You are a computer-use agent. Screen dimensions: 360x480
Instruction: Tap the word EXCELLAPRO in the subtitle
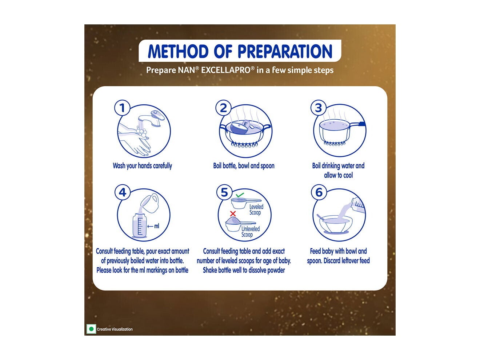(225, 70)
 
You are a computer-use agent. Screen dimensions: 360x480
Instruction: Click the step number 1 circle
(122, 108)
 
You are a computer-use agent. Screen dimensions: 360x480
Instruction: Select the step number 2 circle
(224, 108)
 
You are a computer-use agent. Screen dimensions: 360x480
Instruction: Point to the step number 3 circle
(319, 108)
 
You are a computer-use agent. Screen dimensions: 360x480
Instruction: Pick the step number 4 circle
(123, 192)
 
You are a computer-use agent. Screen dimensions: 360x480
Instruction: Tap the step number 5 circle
(224, 192)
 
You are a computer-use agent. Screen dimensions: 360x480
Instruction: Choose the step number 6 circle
(319, 192)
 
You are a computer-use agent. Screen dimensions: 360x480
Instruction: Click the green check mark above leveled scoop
(239, 195)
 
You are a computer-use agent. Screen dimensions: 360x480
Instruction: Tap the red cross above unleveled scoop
(233, 214)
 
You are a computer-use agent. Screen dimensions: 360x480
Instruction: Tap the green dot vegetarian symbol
(91, 329)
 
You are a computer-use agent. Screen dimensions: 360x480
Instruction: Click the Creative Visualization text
(115, 329)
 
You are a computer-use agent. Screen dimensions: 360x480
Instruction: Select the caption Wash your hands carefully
(142, 166)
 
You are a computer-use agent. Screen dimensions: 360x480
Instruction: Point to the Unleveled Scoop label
(250, 232)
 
